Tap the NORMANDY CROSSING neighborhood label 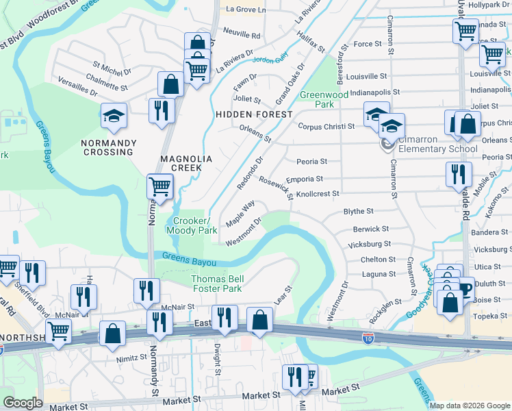tap(109, 147)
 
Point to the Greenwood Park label tap(324, 100)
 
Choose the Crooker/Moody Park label tap(192, 226)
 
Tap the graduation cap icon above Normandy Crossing tap(114, 116)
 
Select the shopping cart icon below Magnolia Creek tap(159, 186)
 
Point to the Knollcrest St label tap(317, 194)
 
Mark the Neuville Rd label tap(242, 35)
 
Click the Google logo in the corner tap(23, 403)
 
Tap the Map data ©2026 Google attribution tap(470, 406)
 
